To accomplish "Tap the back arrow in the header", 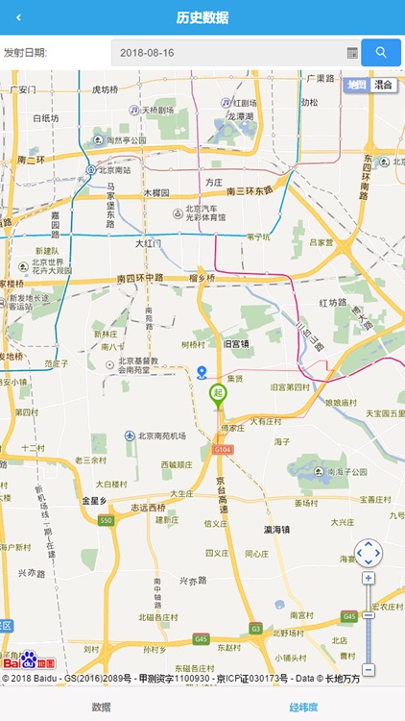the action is (18, 18).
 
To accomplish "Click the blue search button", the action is (381, 52).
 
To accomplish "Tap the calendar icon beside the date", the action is (352, 53).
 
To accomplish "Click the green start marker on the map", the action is (218, 394).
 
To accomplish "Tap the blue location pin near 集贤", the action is (202, 373).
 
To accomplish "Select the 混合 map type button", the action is (385, 85).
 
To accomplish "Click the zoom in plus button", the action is (369, 578).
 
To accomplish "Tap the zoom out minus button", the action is (369, 669).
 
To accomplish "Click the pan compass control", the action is (369, 553).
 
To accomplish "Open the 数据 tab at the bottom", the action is (101, 707).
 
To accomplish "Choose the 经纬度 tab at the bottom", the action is (303, 707).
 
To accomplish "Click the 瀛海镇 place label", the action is (277, 529).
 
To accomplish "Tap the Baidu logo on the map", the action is (29, 661).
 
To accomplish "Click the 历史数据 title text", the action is (202, 18).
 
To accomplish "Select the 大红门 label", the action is (148, 243).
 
